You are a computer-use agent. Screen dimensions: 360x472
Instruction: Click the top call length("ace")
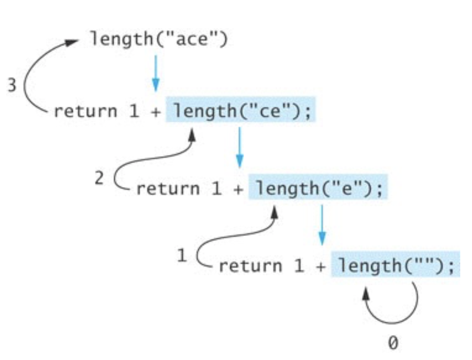(x=159, y=39)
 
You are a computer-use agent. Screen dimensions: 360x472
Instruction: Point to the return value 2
(x=99, y=179)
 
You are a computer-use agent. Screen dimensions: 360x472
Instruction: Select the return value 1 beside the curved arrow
(x=182, y=256)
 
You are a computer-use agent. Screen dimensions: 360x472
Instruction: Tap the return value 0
(x=393, y=343)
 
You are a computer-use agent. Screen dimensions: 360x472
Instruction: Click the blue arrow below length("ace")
(x=156, y=73)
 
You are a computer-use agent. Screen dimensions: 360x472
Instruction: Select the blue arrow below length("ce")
(x=240, y=148)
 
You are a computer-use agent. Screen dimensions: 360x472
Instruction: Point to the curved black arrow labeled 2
(x=141, y=162)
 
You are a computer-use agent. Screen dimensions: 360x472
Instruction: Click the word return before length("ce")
(x=85, y=112)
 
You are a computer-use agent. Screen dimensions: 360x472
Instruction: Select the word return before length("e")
(x=167, y=189)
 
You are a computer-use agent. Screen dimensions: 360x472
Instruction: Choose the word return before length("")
(x=250, y=266)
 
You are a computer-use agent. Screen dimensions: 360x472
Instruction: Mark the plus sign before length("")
(x=321, y=267)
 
